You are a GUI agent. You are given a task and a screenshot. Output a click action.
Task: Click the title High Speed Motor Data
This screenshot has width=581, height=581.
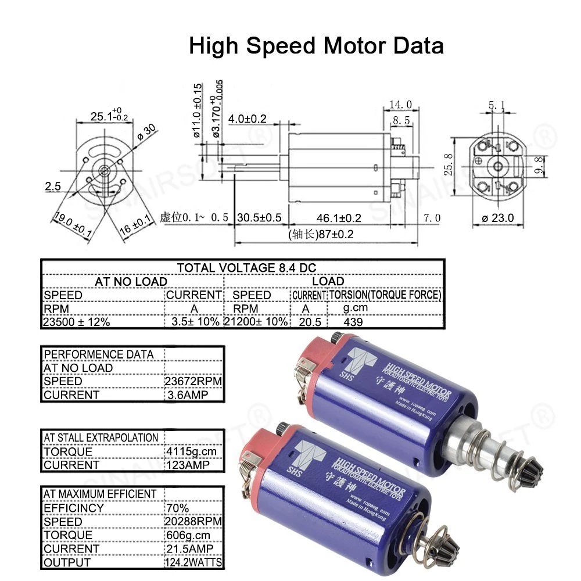point(316,45)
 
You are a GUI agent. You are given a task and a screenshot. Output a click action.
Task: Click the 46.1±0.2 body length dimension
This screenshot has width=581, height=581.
point(339,218)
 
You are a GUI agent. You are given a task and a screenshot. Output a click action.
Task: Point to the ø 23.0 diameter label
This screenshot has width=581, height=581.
point(498,218)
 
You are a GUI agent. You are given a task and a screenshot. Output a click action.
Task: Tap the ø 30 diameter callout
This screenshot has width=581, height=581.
point(146,132)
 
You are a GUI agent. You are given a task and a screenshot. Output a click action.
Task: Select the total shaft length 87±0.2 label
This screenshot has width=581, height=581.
point(321,235)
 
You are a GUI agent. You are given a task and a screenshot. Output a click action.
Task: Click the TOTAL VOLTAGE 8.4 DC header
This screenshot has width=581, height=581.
point(246,268)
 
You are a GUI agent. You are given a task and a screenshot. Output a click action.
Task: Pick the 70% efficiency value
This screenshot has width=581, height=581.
point(177,508)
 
